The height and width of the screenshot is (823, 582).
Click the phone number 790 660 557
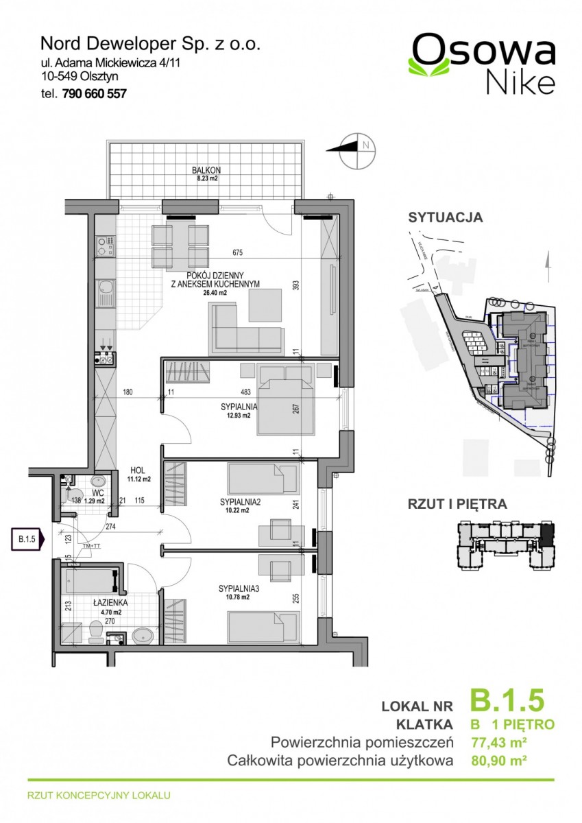coord(94,95)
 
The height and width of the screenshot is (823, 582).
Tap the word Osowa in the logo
coord(483,50)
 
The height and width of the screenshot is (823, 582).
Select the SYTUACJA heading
coord(445,218)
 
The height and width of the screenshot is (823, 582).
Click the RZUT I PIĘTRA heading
coord(457,505)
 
